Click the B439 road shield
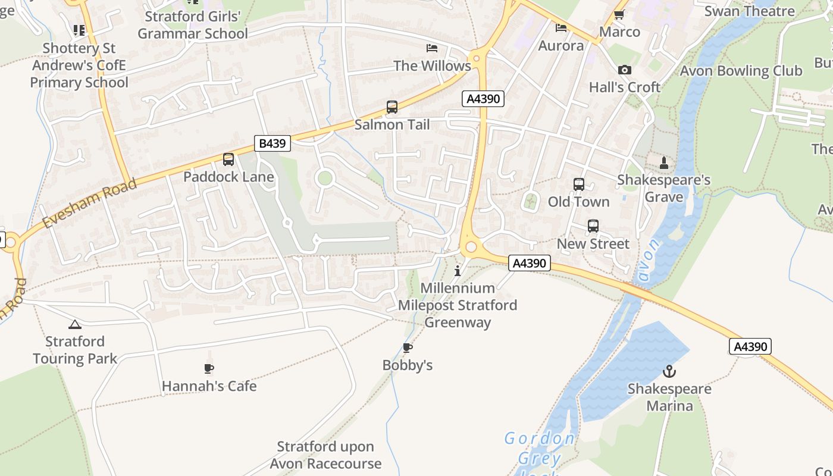[273, 143]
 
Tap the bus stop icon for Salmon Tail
[392, 107]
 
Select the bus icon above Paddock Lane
[228, 159]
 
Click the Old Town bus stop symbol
[578, 184]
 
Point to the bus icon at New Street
[593, 226]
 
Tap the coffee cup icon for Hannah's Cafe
[209, 368]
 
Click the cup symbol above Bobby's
[408, 347]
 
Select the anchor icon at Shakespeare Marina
[669, 371]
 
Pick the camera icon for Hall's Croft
[624, 70]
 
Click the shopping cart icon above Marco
[619, 14]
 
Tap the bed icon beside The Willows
[432, 48]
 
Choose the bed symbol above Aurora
[560, 27]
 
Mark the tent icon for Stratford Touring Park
[74, 324]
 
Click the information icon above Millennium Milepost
[457, 271]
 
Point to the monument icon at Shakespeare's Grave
[664, 162]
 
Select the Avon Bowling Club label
[741, 71]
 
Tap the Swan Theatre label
[749, 11]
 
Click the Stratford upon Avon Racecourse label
[325, 455]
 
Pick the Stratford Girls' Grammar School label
[193, 25]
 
